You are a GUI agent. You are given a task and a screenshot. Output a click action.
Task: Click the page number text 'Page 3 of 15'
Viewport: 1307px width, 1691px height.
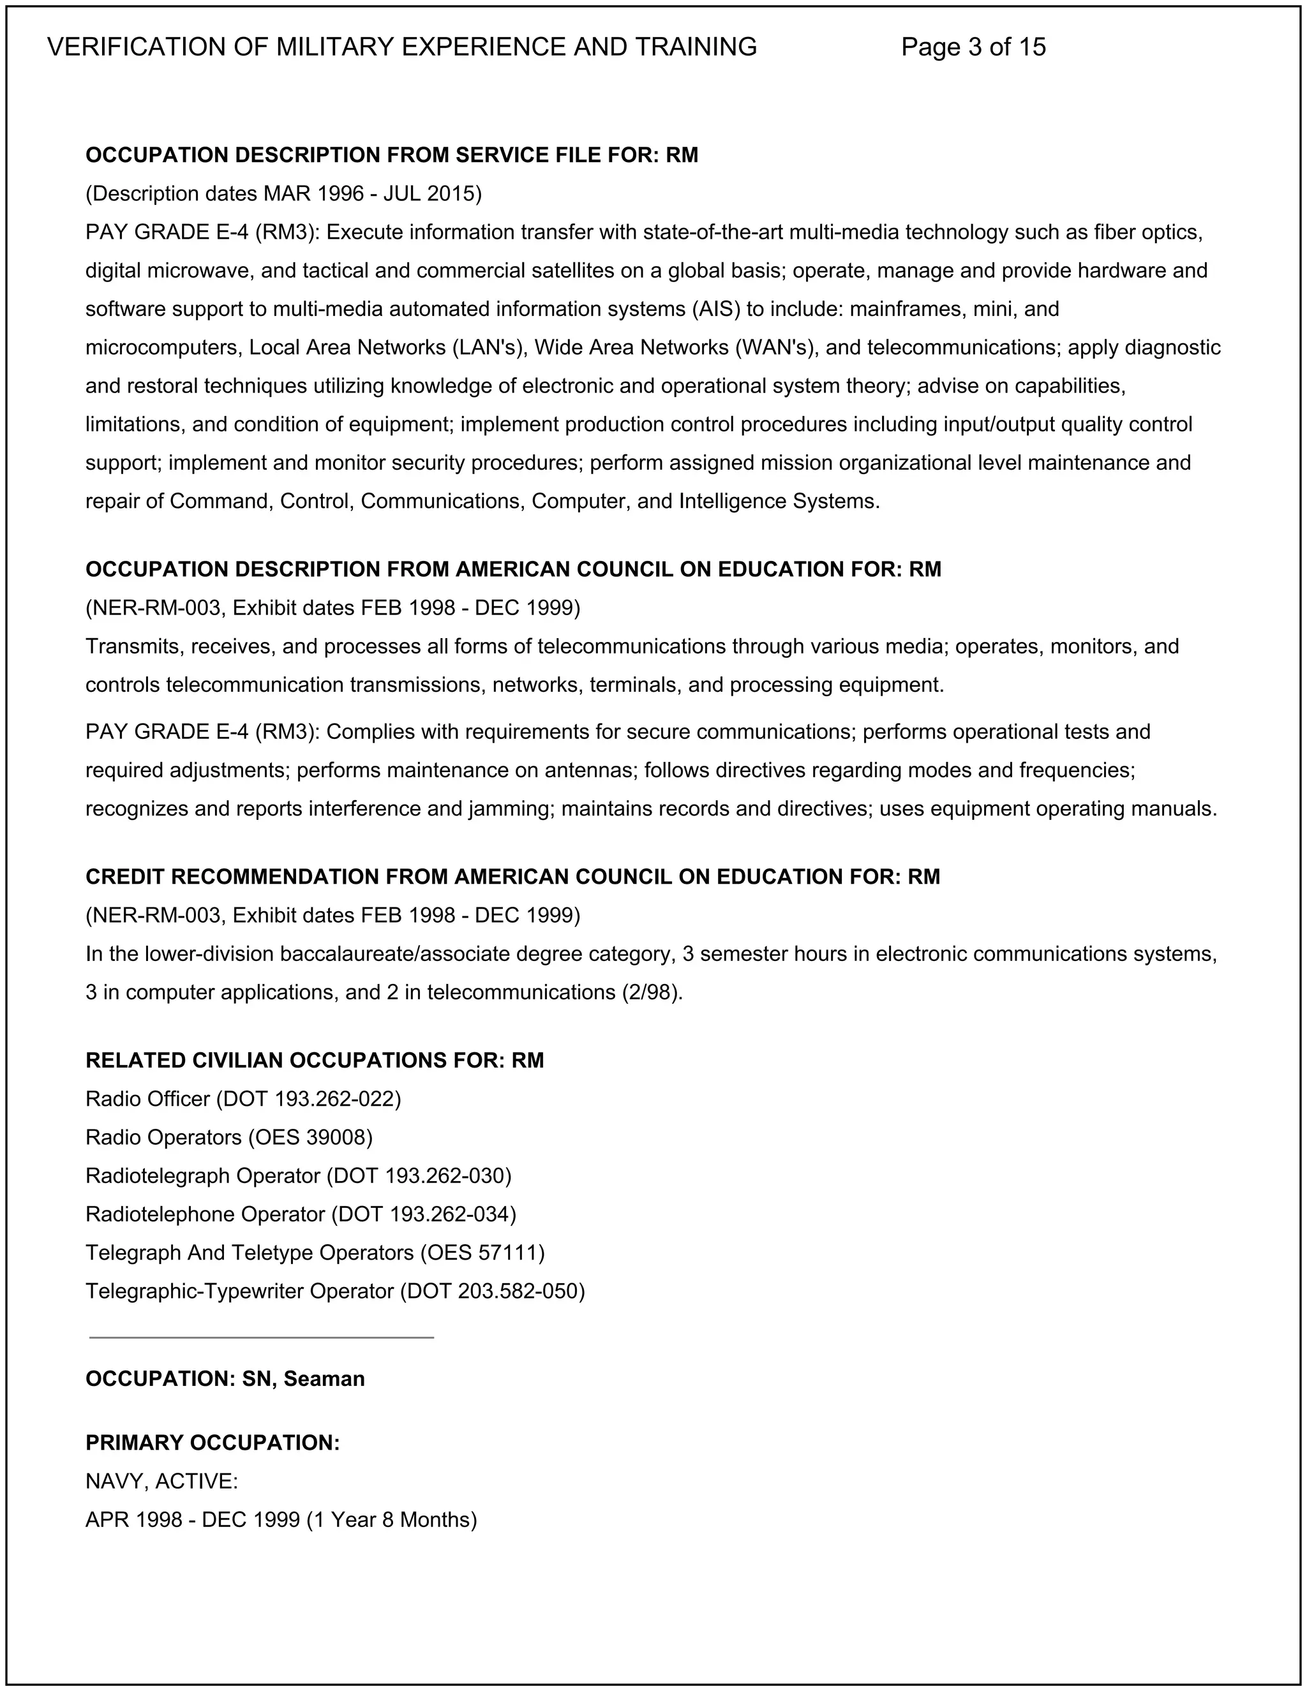tap(973, 47)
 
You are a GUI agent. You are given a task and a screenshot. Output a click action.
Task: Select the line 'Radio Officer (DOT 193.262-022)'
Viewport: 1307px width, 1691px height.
tap(243, 1099)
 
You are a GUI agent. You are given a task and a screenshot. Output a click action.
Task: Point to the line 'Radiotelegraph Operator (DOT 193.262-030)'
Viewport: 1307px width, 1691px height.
tap(298, 1176)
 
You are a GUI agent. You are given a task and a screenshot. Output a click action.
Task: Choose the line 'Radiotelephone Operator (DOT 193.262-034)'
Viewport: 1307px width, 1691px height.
tap(301, 1214)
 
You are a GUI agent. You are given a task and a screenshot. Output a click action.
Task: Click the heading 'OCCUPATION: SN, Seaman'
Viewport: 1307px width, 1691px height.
tap(225, 1379)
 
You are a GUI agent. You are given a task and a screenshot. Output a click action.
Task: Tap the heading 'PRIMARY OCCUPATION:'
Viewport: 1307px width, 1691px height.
tap(213, 1443)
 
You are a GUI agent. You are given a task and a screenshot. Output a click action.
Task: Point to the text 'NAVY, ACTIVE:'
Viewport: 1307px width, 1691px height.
tap(161, 1481)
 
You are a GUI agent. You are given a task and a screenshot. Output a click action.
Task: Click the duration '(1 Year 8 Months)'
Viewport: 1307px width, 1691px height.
tap(392, 1520)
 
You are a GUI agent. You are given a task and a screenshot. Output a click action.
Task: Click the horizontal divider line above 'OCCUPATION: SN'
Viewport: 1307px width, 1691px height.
tap(261, 1337)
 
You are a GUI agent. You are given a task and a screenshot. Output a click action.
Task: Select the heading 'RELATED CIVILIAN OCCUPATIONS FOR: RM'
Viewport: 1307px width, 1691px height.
tap(315, 1061)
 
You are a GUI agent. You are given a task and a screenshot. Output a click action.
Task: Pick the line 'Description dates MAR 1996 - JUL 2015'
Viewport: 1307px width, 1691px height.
tap(283, 193)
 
